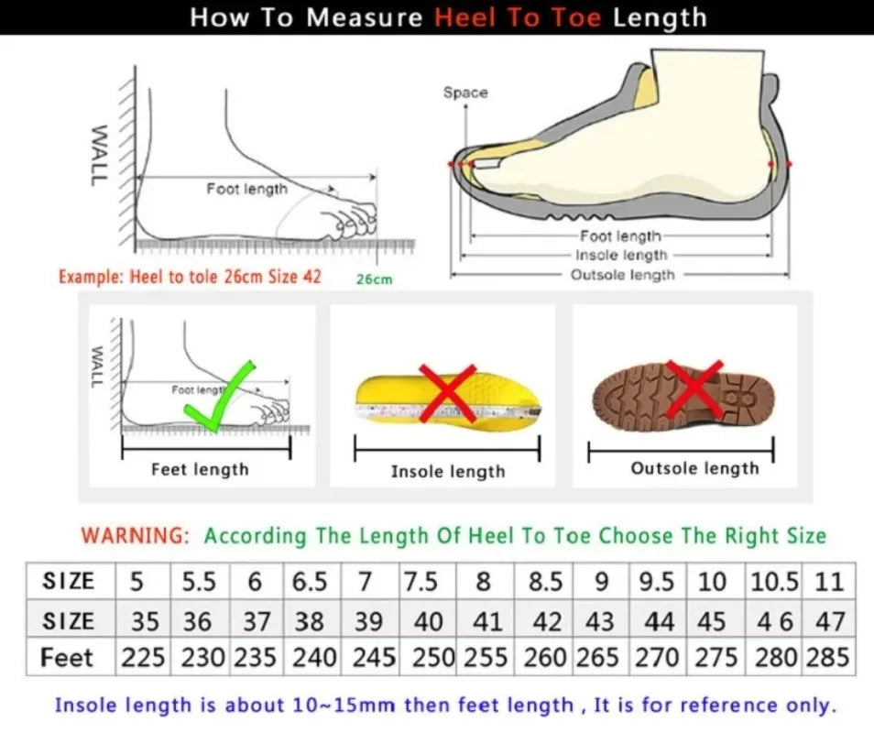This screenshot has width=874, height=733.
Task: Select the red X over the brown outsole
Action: (694, 388)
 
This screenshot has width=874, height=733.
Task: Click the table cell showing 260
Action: (547, 657)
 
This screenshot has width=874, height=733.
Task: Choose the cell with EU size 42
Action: (547, 620)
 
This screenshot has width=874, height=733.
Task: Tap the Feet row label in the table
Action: (68, 657)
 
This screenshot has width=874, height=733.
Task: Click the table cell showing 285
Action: (828, 657)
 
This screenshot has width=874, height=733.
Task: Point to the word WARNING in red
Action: (135, 535)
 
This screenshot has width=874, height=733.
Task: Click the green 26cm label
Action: (374, 279)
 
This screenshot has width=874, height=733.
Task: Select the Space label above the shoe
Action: (465, 93)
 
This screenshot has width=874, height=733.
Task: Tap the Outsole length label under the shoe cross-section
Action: (622, 275)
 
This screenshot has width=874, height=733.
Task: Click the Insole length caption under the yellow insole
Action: (447, 471)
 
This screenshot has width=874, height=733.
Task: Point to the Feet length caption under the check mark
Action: (200, 469)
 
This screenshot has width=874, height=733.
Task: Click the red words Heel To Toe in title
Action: (519, 17)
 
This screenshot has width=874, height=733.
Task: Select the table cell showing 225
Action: (142, 657)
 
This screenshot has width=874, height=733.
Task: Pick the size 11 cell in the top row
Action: (828, 581)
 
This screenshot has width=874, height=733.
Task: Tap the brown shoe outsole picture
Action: (683, 396)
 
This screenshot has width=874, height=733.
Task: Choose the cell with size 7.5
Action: (426, 581)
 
